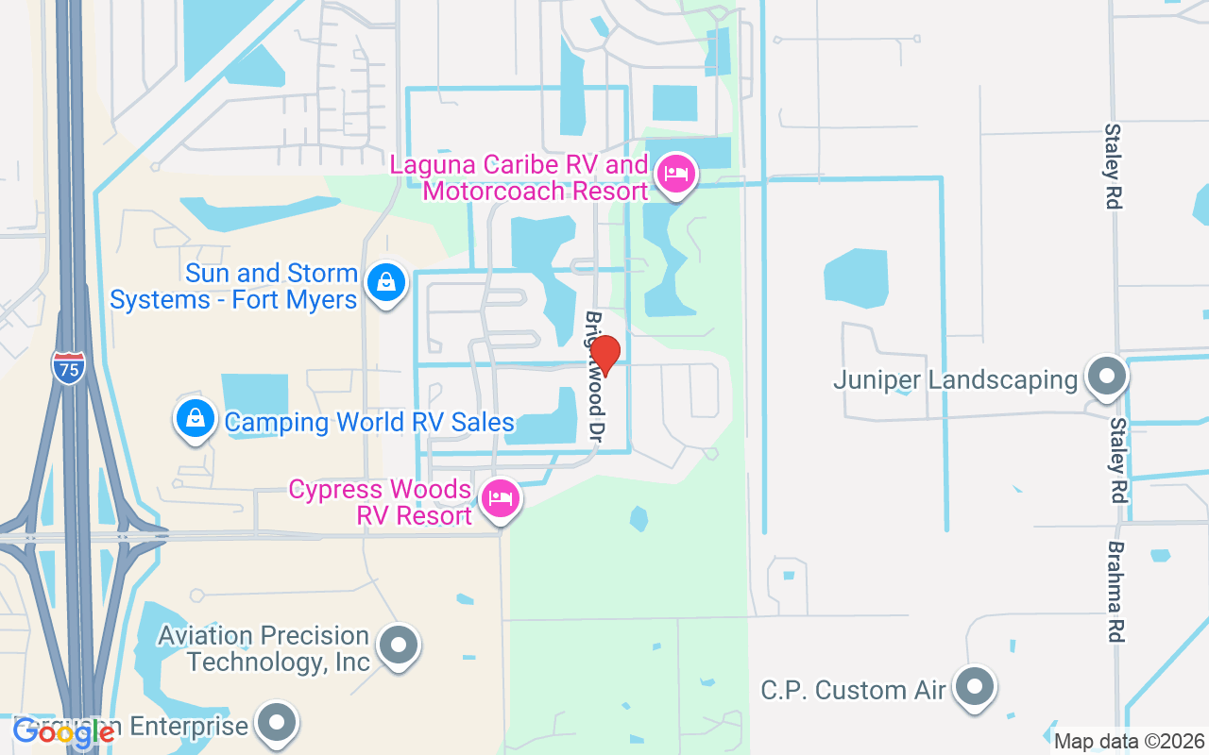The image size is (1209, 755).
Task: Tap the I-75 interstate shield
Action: pos(68,365)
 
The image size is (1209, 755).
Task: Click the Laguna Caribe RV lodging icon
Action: pos(675,175)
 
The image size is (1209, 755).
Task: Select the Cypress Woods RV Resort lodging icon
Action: pos(500,497)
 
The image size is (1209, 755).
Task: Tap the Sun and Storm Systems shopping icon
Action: pos(386,282)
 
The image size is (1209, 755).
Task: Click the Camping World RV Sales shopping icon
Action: pos(195,417)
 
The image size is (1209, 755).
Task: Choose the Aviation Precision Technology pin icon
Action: pos(398,646)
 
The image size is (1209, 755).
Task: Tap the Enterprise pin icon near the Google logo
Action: pos(277,723)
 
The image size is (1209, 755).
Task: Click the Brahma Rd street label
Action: pos(1116,592)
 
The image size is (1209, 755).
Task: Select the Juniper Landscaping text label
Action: pos(955,380)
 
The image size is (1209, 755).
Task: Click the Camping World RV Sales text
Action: pos(369,422)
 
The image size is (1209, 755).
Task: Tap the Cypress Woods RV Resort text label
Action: pos(381,503)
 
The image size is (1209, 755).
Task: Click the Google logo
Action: pos(64,732)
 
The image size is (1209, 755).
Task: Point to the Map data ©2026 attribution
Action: pos(1130,741)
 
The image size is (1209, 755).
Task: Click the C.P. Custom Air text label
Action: pos(853,690)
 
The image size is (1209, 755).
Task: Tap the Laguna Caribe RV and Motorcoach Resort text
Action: pos(519,177)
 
